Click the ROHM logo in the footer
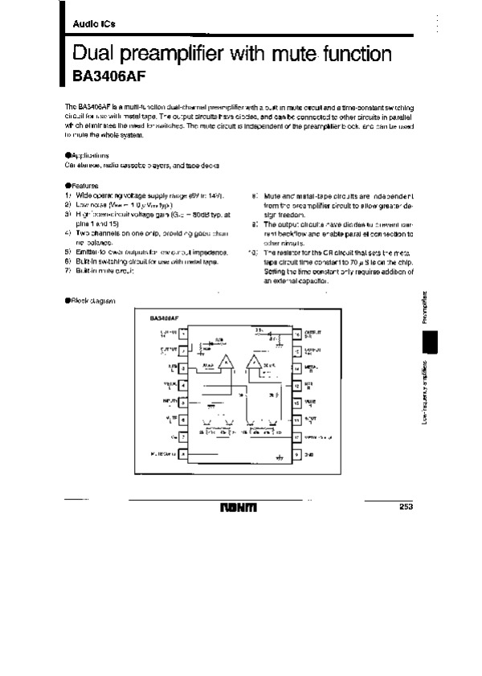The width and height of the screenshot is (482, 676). [241, 509]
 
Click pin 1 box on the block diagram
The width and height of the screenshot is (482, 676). [183, 333]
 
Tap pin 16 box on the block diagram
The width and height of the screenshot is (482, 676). [296, 333]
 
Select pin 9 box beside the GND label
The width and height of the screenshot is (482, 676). [296, 455]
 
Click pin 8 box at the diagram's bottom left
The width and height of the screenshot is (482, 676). [183, 455]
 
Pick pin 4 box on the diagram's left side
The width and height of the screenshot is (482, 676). [183, 385]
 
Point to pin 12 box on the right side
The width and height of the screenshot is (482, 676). [296, 385]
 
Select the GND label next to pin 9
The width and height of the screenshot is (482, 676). [309, 455]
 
